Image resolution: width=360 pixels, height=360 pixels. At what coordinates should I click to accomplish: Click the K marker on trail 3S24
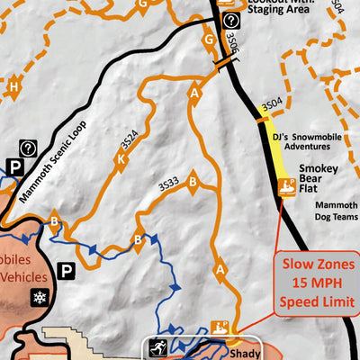click(120, 161)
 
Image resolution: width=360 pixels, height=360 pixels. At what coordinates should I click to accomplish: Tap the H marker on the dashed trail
click(13, 87)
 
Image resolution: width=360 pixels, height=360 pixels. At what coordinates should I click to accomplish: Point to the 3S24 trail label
click(129, 143)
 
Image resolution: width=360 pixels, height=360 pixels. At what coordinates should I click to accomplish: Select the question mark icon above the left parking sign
click(28, 148)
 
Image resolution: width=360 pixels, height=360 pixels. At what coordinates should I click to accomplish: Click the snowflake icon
click(39, 297)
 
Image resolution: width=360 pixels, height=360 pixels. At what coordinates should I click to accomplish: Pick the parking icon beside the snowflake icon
click(67, 269)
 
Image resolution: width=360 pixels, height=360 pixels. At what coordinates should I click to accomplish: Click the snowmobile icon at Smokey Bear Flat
click(287, 187)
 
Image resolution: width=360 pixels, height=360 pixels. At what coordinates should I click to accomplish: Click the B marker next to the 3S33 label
click(191, 184)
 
